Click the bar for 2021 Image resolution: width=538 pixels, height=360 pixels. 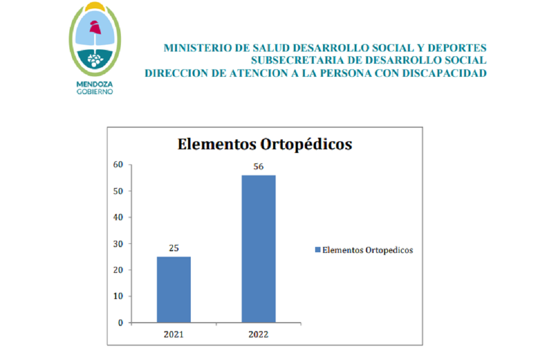pos(173,290)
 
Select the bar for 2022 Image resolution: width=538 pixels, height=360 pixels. pos(258,249)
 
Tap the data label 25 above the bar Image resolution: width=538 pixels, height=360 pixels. pos(173,248)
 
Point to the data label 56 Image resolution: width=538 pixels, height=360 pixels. pos(258,167)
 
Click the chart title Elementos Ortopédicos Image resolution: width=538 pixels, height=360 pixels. pos(265,144)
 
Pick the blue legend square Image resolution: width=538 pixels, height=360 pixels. pos(318,250)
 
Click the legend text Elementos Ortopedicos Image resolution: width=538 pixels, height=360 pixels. pos(367,250)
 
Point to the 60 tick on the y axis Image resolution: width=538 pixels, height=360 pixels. pos(118,164)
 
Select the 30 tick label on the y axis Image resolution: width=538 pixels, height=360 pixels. pos(118,244)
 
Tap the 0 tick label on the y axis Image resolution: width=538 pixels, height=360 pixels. pos(120,323)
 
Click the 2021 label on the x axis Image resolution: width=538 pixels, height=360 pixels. pos(173,334)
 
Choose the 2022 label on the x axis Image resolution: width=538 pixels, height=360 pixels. pos(258,334)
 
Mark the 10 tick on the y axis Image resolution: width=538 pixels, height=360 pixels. pos(118,296)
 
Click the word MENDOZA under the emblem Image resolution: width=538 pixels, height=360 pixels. pos(95,84)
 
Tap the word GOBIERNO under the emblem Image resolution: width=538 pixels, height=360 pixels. pos(95,91)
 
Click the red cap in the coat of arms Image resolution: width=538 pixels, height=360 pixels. pos(95,27)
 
